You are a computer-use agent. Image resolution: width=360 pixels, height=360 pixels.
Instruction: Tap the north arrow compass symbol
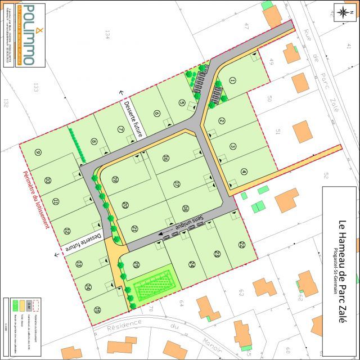343,13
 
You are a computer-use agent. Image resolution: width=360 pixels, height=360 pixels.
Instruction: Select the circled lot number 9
38,152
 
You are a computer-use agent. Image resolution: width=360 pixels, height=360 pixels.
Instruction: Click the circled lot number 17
177,184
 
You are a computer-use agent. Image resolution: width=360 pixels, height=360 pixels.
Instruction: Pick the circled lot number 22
241,245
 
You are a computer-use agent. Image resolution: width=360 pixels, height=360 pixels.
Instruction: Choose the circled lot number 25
137,264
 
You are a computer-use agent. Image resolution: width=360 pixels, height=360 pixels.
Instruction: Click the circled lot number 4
244,172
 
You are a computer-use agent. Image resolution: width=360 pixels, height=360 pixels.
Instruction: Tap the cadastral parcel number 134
107,35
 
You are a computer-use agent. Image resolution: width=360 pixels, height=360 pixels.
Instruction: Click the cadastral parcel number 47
246,25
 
